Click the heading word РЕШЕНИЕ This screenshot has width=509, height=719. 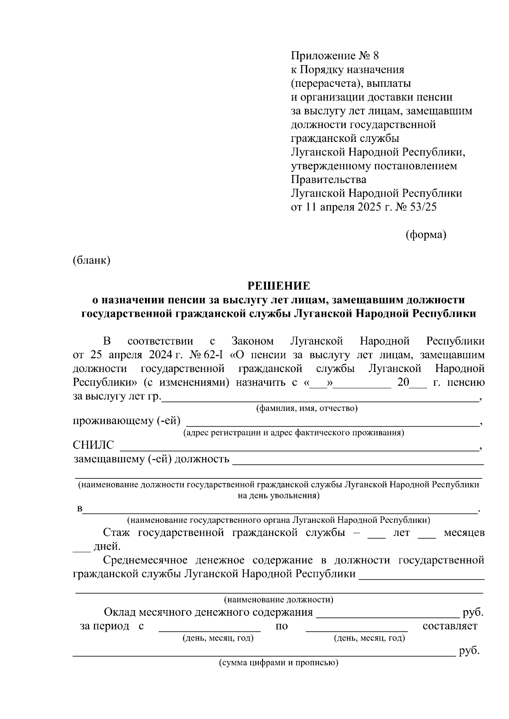click(x=279, y=286)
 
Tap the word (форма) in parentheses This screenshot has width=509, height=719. click(x=426, y=234)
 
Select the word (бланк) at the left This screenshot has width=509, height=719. click(x=92, y=260)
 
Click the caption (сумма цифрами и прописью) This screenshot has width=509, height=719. click(x=278, y=663)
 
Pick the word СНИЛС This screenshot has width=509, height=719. click(x=93, y=445)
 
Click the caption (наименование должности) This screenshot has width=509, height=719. click(x=278, y=600)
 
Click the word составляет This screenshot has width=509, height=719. click(x=450, y=626)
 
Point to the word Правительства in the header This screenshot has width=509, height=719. click(x=329, y=179)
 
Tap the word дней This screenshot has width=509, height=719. click(x=107, y=546)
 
